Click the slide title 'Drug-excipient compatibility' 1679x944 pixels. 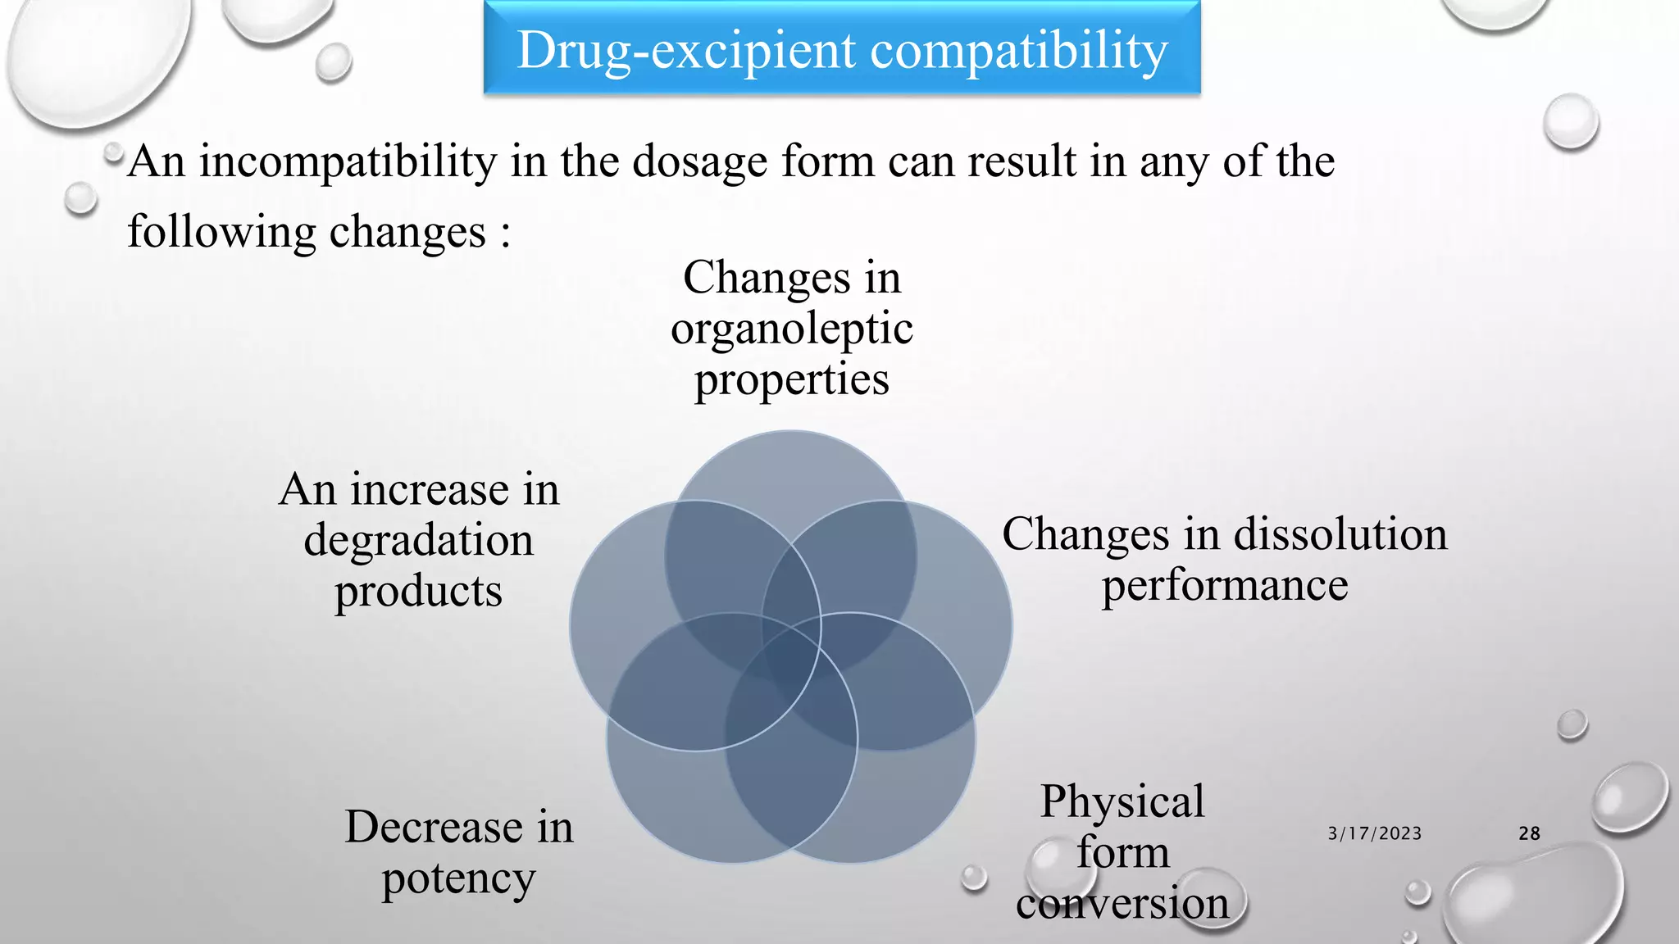842,50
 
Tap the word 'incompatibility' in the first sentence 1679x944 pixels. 348,161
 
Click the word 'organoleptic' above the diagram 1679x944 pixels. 791,329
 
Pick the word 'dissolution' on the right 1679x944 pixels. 1340,535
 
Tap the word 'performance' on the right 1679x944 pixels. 1224,586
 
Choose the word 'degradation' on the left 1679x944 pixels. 418,541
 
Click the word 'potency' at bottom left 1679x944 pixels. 458,879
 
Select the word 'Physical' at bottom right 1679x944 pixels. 1122,801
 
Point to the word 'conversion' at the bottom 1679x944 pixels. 1122,904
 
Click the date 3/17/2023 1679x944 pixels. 1374,833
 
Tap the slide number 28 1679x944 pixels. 1529,833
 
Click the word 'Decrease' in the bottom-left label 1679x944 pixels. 434,827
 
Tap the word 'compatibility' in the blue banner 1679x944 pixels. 1018,50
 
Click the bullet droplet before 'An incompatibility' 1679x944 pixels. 112,152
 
